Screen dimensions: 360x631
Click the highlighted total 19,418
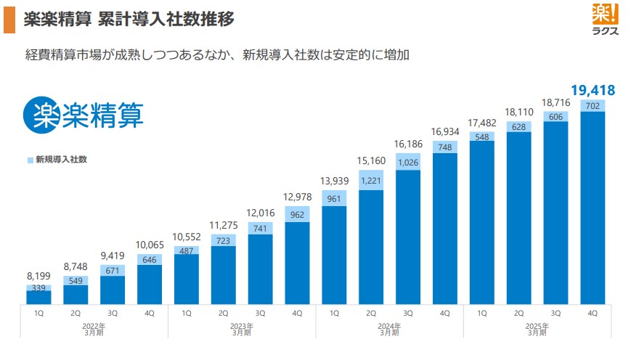click(x=593, y=90)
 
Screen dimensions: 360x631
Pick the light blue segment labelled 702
click(x=593, y=105)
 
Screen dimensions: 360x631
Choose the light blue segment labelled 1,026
click(x=408, y=162)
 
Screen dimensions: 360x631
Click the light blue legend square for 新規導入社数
click(x=30, y=159)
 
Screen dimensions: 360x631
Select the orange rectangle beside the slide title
click(x=9, y=20)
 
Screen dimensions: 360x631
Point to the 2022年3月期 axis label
click(x=94, y=330)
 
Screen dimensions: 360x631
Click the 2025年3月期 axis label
click(x=537, y=330)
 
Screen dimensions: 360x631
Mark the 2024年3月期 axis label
click(x=389, y=330)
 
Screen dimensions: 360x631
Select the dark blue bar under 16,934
click(x=445, y=229)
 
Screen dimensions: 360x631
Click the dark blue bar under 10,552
click(x=187, y=279)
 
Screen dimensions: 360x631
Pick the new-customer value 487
click(x=187, y=251)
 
